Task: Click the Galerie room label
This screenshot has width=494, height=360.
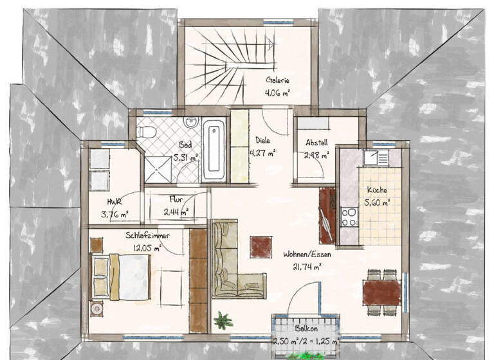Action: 278,81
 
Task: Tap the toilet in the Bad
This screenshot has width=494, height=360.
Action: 146,131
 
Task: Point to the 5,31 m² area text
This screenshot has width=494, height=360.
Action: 185,156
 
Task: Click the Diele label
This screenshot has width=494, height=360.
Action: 262,139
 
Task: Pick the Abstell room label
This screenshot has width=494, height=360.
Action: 317,143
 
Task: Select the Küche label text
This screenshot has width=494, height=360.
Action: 376,190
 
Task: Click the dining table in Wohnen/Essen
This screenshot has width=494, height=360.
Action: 381,292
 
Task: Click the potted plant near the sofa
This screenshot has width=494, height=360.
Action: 223,319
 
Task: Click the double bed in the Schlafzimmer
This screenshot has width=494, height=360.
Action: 121,277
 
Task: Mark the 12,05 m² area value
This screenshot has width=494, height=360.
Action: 147,246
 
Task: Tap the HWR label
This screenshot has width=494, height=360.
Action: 114,202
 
